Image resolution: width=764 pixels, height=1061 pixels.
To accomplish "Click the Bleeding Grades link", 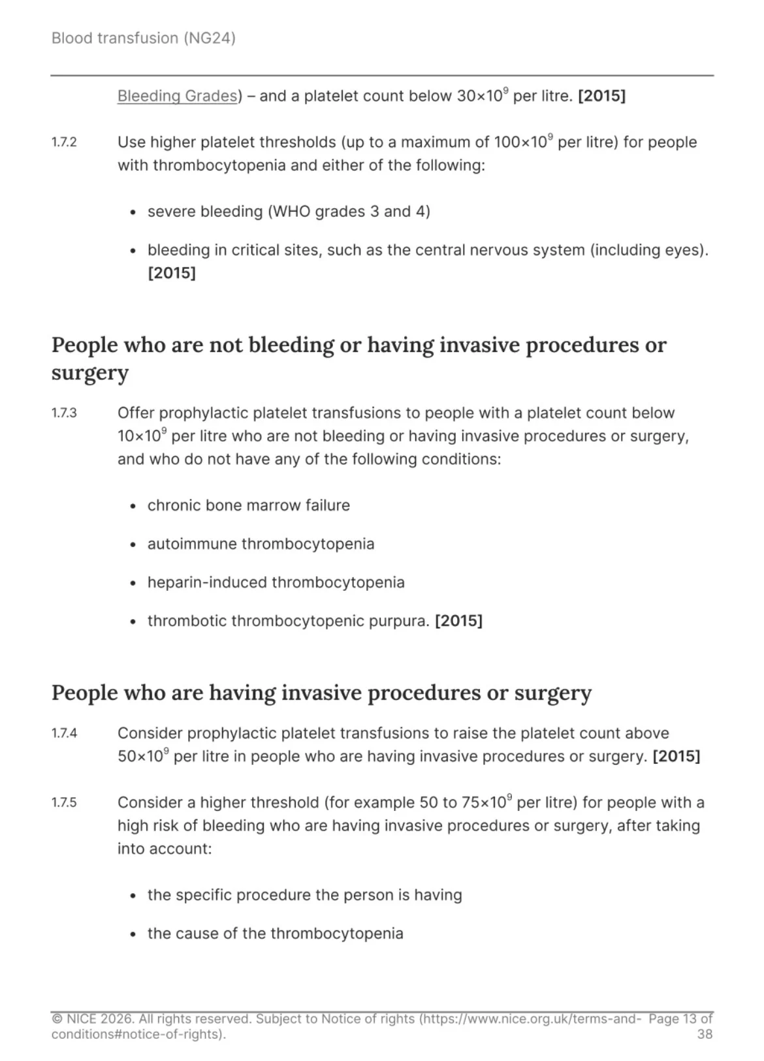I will (x=177, y=96).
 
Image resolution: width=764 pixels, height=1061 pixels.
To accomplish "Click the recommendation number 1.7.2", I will (x=64, y=142).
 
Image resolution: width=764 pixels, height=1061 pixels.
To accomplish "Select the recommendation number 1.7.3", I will (x=64, y=413).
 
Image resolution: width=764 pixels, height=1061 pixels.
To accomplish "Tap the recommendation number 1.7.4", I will (x=64, y=733).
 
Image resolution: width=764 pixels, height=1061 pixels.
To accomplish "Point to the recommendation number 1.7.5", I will (x=64, y=802).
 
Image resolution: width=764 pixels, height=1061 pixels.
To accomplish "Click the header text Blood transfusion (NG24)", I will (x=143, y=38).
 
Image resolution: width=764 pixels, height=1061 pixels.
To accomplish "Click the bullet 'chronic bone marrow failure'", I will (x=248, y=505).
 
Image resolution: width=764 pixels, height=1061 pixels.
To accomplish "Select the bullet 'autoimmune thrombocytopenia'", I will (x=261, y=544).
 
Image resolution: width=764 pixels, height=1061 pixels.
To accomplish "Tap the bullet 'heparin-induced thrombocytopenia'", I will (x=276, y=582).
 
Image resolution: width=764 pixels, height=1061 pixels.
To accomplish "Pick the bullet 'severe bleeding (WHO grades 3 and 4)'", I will (x=289, y=212).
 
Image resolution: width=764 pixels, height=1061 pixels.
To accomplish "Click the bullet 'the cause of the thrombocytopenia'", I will (x=275, y=934).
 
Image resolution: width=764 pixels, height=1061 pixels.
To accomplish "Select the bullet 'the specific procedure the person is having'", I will (x=304, y=895).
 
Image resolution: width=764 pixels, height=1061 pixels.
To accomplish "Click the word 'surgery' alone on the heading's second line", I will (x=90, y=373).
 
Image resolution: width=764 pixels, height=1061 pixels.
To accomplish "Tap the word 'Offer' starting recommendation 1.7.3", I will (x=136, y=413).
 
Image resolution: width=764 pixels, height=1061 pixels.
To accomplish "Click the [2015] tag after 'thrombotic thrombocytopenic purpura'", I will (x=458, y=621).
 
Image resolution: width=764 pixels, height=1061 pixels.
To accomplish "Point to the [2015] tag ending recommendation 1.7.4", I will (x=676, y=757).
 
